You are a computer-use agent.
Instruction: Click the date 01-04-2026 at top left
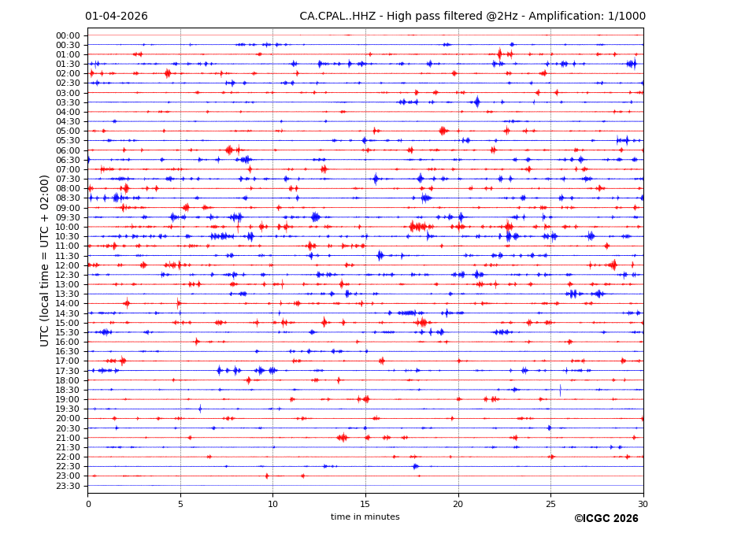click(117, 17)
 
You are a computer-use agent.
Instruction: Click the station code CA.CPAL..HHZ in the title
click(337, 17)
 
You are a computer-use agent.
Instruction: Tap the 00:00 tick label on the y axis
click(68, 35)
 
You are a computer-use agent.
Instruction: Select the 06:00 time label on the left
click(68, 150)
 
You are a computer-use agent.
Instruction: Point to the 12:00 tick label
click(68, 265)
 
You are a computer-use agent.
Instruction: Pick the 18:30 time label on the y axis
click(68, 390)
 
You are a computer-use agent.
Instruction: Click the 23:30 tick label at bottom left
click(68, 486)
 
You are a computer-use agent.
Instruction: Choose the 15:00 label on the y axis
click(68, 323)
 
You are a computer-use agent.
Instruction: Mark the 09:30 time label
click(68, 217)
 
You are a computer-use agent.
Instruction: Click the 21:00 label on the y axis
click(68, 438)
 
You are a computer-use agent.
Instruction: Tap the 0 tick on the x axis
click(88, 504)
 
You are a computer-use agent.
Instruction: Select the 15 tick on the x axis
click(365, 504)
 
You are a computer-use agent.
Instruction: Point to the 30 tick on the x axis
click(643, 504)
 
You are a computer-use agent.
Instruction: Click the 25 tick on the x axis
click(550, 504)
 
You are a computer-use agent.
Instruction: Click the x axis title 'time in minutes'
click(365, 517)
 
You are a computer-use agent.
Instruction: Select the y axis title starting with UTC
click(45, 261)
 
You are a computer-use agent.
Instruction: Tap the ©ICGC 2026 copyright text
click(606, 519)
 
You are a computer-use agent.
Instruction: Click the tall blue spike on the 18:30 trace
click(560, 389)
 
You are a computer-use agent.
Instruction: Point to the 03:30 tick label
click(68, 102)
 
